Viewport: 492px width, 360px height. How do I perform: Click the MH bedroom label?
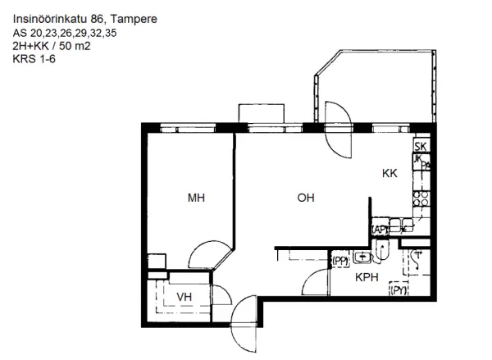195,198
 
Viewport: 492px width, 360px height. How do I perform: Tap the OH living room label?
306,198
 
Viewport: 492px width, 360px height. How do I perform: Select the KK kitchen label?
389,174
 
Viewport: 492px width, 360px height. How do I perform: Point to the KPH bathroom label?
366,277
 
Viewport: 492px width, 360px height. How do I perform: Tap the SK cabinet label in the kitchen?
421,146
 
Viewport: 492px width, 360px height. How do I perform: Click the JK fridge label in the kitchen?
418,157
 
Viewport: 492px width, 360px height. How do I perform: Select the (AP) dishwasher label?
380,230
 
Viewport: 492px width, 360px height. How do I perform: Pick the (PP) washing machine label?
339,261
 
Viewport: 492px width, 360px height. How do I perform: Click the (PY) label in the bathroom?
399,290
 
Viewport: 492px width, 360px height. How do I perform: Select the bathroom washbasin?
361,260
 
